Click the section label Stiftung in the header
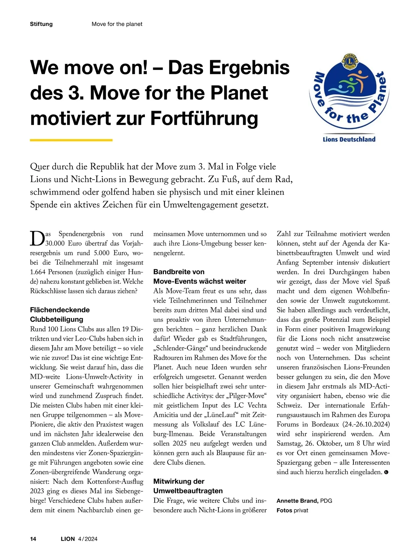click(41, 24)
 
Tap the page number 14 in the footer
click(33, 539)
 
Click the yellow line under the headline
click(71, 140)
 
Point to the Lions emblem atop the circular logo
click(349, 61)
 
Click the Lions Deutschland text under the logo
click(349, 139)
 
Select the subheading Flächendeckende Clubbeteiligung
click(60, 314)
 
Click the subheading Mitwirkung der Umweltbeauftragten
click(188, 486)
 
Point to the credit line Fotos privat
click(292, 510)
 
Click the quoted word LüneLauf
click(217, 415)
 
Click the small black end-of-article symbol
click(386, 472)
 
